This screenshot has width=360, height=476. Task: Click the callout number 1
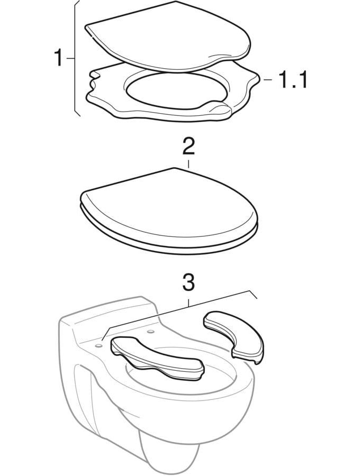[58, 58]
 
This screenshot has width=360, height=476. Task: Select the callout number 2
[188, 147]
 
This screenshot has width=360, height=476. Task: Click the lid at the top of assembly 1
[168, 36]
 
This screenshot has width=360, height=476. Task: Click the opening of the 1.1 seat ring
[176, 89]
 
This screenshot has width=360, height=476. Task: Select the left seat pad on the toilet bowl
[157, 358]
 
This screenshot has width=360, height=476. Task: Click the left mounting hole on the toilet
[98, 345]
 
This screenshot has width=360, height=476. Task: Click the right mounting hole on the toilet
[150, 331]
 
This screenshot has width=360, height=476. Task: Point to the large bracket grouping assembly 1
[76, 58]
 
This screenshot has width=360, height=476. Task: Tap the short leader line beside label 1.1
[267, 80]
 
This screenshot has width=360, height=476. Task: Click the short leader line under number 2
[188, 164]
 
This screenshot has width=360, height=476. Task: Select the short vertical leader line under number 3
[188, 303]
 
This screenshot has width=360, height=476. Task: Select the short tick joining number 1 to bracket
[70, 58]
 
